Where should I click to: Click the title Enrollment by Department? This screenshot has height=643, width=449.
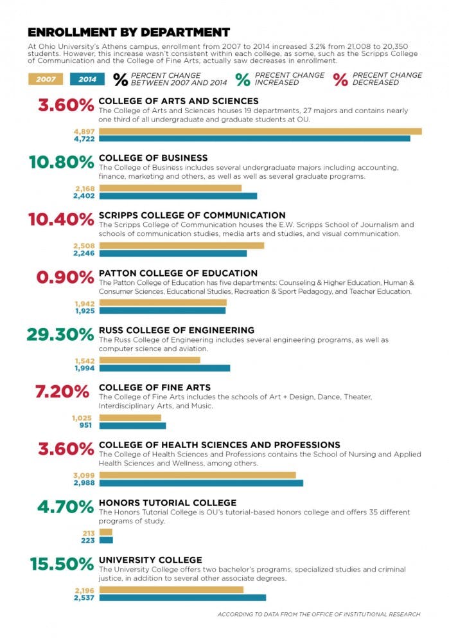[128, 32]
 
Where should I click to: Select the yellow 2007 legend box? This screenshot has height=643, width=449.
[46, 80]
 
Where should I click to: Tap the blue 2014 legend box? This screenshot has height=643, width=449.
[87, 80]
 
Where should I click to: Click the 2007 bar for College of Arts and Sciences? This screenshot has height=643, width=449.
[260, 131]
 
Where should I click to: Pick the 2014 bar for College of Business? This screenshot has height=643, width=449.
[178, 196]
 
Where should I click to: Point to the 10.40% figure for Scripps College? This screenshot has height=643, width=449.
[61, 219]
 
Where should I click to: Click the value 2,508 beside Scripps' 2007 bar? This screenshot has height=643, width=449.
[84, 246]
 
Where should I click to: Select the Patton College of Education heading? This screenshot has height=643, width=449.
[178, 273]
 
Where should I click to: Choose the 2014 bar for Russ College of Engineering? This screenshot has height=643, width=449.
[164, 368]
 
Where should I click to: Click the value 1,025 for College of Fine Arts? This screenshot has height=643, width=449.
[84, 418]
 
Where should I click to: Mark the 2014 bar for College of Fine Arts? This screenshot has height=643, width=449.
[132, 426]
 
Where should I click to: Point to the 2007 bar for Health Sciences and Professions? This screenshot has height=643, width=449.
[197, 475]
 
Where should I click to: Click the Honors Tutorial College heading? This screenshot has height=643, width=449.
[168, 503]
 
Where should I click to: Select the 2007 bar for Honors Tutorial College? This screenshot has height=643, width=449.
[105, 532]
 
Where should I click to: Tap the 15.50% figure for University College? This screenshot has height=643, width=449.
[62, 565]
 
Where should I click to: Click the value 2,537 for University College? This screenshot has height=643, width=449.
[84, 598]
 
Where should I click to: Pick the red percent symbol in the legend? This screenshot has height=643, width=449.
[340, 79]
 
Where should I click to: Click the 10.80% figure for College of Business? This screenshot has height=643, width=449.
[61, 162]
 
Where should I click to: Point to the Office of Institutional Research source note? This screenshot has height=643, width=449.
[319, 615]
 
